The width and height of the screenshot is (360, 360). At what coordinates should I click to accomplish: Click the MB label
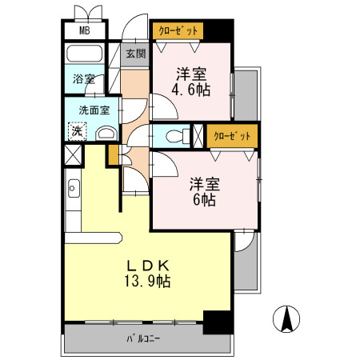pyautogui.click(x=84, y=32)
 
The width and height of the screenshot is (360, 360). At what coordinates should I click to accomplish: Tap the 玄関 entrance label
pyautogui.click(x=136, y=54)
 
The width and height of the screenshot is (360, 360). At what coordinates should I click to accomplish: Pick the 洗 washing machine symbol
pyautogui.click(x=76, y=130)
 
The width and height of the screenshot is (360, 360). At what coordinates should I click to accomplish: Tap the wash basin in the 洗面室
pyautogui.click(x=105, y=133)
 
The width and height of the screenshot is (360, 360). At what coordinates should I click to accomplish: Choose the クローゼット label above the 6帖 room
pyautogui.click(x=232, y=135)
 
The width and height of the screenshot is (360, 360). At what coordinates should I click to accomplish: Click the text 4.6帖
pyautogui.click(x=193, y=90)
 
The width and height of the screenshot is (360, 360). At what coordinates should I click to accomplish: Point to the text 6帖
pyautogui.click(x=203, y=199)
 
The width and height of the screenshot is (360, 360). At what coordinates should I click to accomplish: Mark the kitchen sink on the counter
pyautogui.click(x=74, y=189)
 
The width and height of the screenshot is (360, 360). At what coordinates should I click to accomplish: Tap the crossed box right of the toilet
pyautogui.click(x=197, y=135)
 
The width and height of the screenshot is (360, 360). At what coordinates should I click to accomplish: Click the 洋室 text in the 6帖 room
pyautogui.click(x=203, y=183)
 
